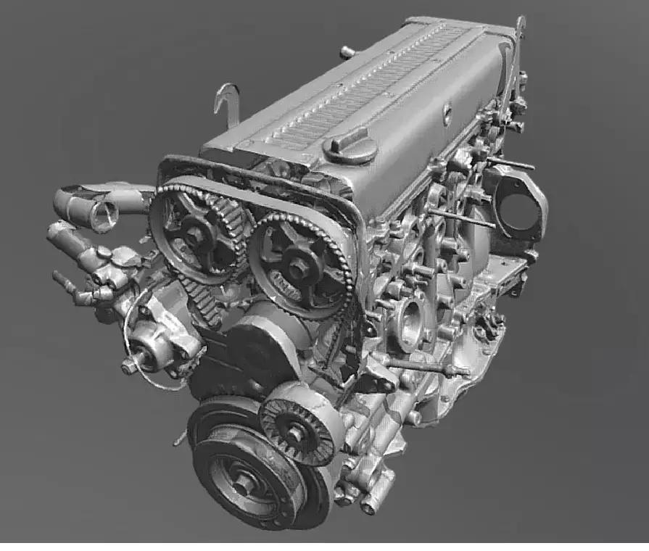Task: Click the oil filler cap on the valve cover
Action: tap(350, 147)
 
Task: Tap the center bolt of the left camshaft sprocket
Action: tap(197, 233)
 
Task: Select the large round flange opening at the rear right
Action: tap(518, 207)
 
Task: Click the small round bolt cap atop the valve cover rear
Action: tap(347, 51)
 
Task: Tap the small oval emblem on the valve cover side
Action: tap(447, 114)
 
